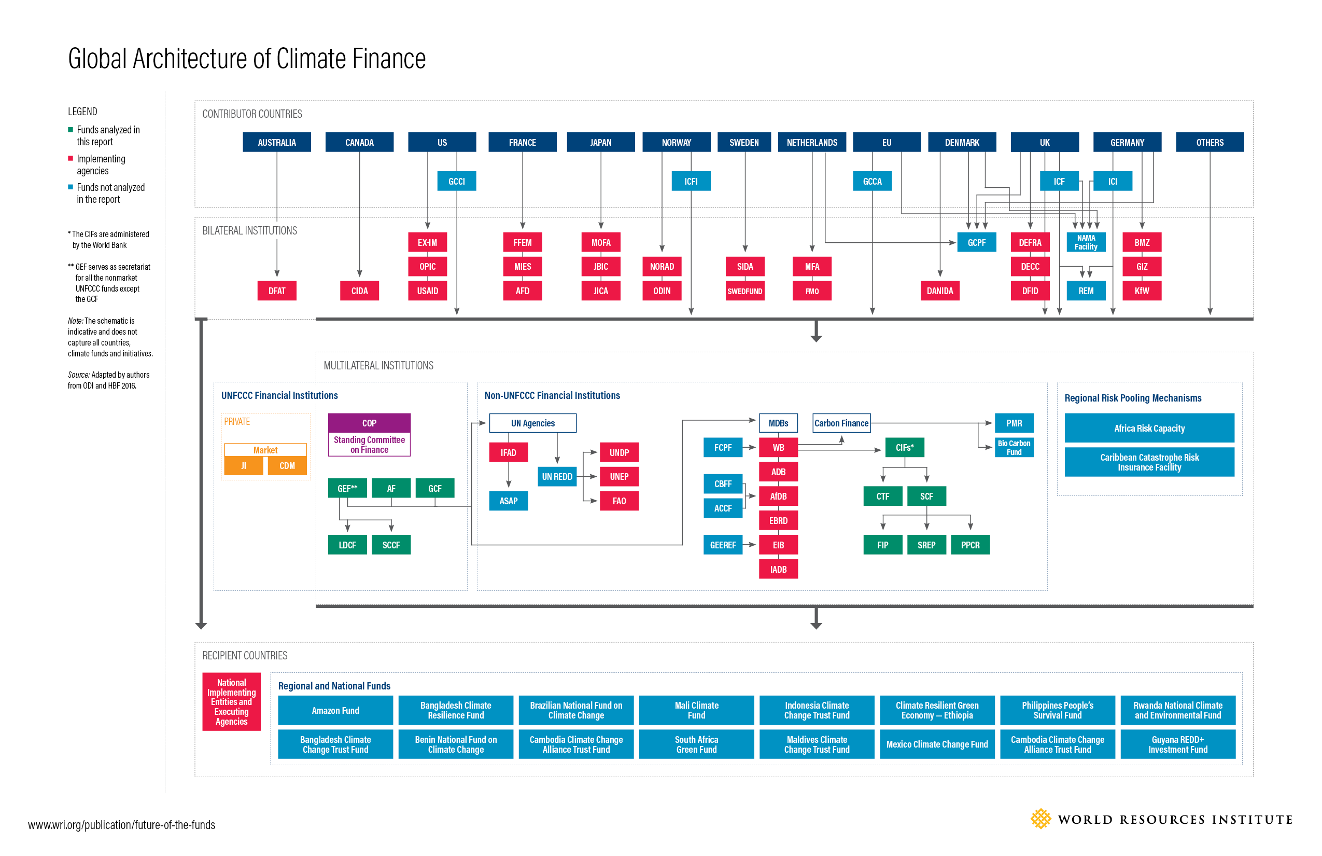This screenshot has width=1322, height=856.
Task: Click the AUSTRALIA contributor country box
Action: click(277, 142)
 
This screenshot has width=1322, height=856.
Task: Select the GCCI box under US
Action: click(456, 181)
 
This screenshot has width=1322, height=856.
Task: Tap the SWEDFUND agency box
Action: click(744, 291)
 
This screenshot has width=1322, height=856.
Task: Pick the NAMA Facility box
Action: click(1086, 242)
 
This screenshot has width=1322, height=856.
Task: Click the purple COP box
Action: click(369, 423)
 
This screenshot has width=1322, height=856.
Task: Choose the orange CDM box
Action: click(287, 466)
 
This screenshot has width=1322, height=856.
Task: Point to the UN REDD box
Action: click(557, 476)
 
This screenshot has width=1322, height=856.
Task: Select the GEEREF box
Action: click(722, 545)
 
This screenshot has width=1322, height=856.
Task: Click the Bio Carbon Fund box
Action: click(1014, 447)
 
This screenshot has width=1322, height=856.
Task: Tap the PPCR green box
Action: click(970, 545)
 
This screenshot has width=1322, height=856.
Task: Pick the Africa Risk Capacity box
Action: click(1149, 428)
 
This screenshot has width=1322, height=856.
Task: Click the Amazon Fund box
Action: click(335, 710)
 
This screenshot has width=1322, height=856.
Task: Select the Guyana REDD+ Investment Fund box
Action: click(1177, 744)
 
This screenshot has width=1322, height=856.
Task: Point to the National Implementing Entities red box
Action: click(231, 701)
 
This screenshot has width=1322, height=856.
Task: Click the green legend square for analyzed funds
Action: click(71, 130)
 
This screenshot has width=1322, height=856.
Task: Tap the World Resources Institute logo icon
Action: click(1040, 819)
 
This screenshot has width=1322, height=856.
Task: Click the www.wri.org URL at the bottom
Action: click(121, 825)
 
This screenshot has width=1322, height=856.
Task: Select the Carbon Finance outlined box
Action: click(841, 423)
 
